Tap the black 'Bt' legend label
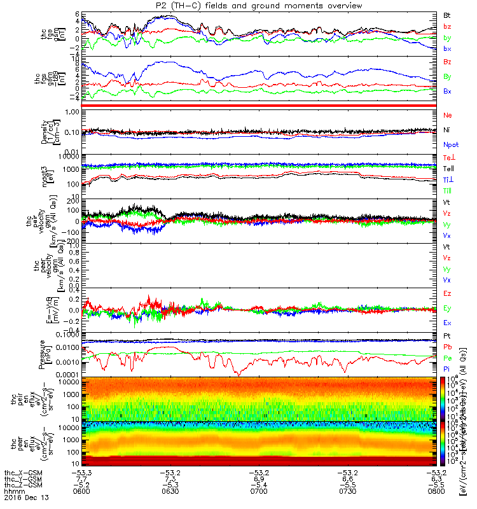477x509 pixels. point(446,14)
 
